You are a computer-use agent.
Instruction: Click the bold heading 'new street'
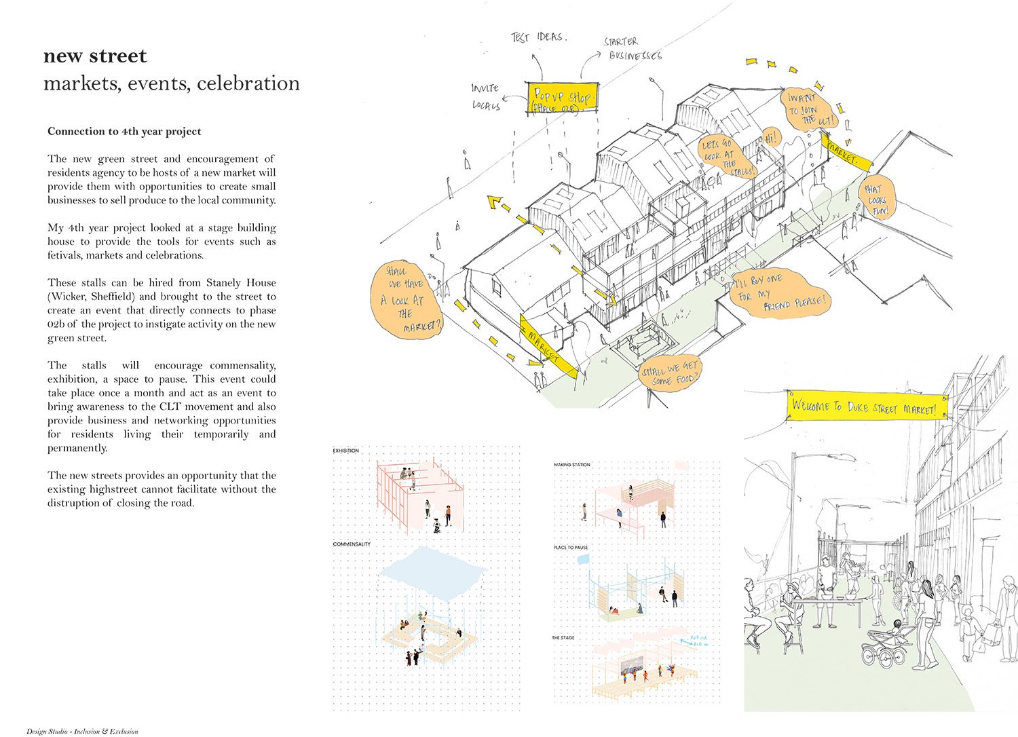coord(95,56)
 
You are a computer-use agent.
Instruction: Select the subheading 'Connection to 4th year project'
coord(124,132)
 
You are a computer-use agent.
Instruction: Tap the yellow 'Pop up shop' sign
coord(562,99)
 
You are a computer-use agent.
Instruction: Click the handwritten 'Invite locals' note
coord(486,96)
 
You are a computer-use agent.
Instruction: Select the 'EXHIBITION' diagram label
coord(346,451)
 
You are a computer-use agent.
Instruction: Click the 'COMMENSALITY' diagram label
coord(352,544)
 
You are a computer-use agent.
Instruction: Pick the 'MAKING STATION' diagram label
coord(572,465)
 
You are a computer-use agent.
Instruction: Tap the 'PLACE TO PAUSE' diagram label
coord(571,548)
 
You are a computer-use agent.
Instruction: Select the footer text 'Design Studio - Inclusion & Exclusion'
coord(82,732)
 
